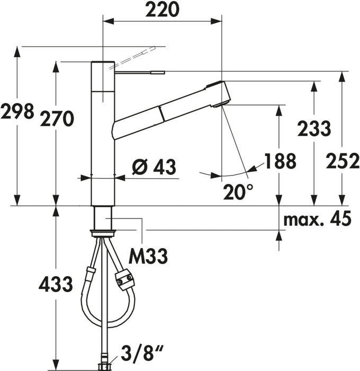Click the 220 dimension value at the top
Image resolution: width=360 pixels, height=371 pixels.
[x=163, y=10]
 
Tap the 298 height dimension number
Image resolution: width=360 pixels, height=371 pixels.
[x=17, y=111]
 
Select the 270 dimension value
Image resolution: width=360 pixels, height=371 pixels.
[x=57, y=119]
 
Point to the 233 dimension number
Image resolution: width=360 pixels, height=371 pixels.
[x=314, y=128]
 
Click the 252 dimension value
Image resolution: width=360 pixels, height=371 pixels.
[x=343, y=162]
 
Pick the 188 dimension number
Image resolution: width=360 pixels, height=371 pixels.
[x=280, y=161]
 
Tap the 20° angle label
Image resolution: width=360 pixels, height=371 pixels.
[x=238, y=192]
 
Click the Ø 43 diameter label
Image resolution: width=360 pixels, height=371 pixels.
[x=154, y=167]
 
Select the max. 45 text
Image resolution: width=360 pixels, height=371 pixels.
[x=317, y=219]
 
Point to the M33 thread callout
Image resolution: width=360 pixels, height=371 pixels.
[x=148, y=256]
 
